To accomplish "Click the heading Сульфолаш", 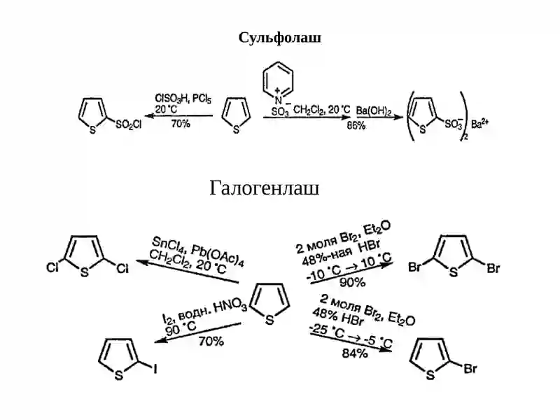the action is coord(279,38).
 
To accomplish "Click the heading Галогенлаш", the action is coord(265,188).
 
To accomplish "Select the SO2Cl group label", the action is coord(129,125).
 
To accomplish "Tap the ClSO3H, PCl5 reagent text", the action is coord(183,99).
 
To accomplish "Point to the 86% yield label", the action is coord(356,126).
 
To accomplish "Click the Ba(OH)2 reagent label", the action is coord(374,111).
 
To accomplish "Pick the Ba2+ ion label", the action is coord(479,123).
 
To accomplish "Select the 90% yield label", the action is coord(352,283).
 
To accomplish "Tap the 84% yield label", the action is coord(355,353).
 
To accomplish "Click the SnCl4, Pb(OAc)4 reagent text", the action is coord(197,251).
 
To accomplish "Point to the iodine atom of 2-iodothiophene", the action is coord(155,369).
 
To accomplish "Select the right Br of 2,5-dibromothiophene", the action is coord(493,268).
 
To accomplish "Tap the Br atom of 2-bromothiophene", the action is coord(470,368).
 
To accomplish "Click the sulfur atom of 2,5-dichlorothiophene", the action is coord(84,273).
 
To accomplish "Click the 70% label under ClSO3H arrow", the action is coord(181,124).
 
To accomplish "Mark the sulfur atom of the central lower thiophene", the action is coord(269,320).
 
